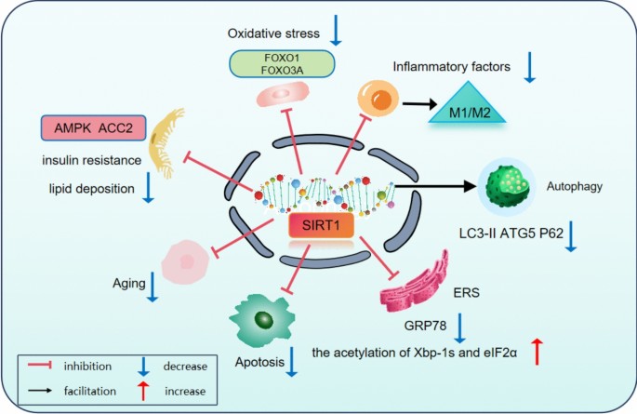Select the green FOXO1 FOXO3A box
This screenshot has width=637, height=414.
[282, 63]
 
